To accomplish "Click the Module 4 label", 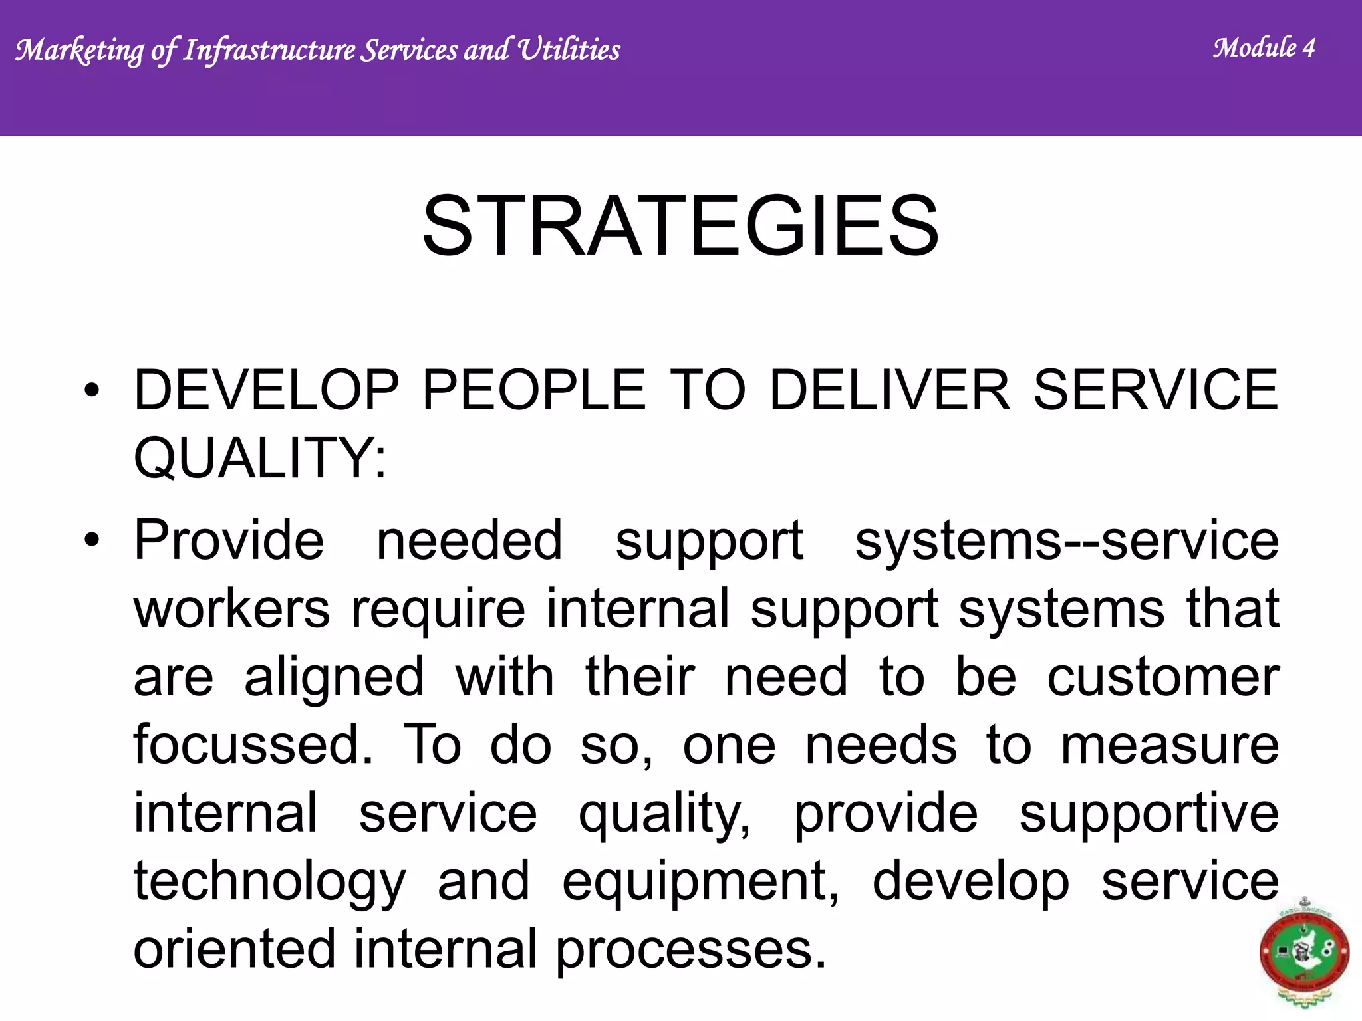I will point(1264,48).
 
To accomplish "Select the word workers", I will point(231,608).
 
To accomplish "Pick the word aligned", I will point(334,678).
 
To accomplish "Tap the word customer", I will point(1162,677).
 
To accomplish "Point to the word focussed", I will point(253,744).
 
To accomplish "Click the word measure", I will point(1169,746).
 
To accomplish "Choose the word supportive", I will point(1149,814).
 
